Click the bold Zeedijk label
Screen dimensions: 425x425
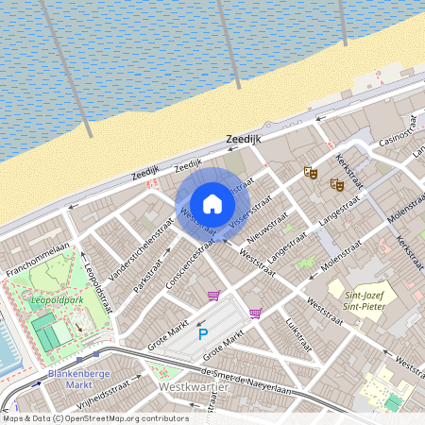(x=243, y=139)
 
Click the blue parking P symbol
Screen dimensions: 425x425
(x=202, y=333)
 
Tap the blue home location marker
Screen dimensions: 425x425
(x=212, y=203)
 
